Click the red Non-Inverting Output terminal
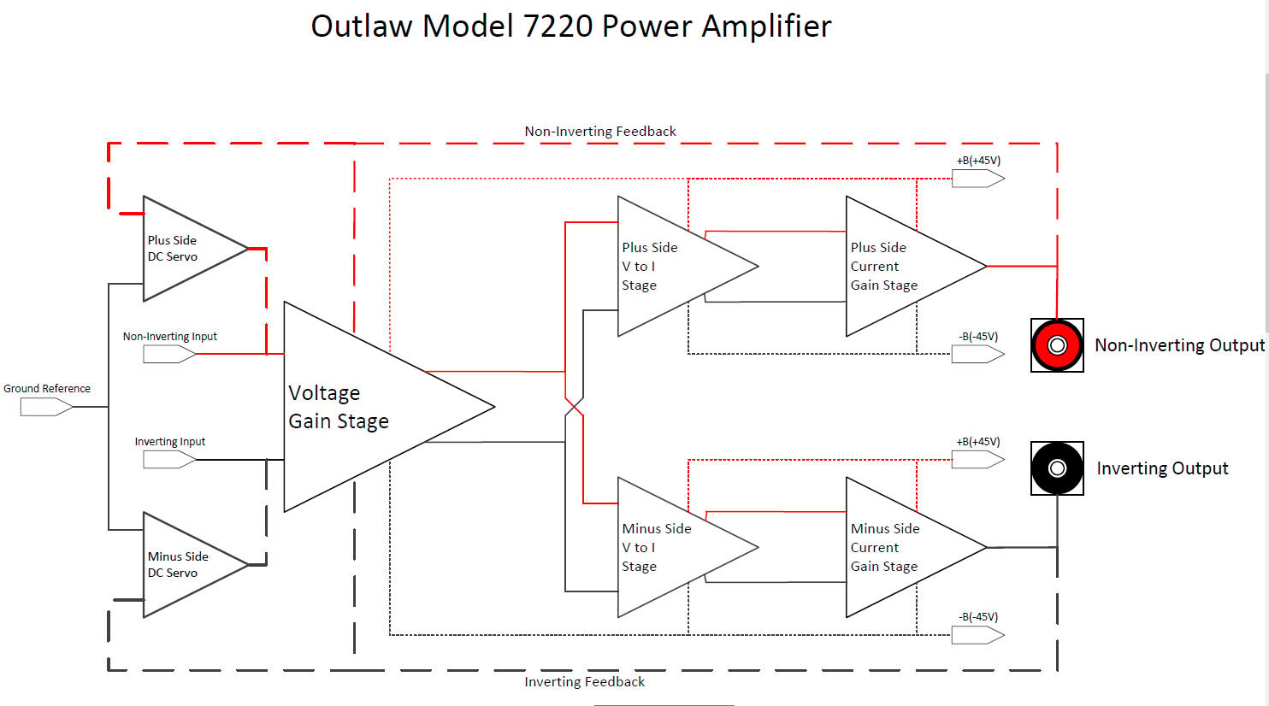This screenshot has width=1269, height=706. pyautogui.click(x=1057, y=345)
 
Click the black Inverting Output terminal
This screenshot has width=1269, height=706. pyautogui.click(x=1057, y=468)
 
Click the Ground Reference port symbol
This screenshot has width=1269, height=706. pyautogui.click(x=46, y=407)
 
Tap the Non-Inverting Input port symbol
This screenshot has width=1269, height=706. pyautogui.click(x=169, y=354)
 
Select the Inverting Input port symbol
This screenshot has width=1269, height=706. pyautogui.click(x=169, y=459)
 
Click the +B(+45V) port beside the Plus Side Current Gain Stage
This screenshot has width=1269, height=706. pyautogui.click(x=977, y=179)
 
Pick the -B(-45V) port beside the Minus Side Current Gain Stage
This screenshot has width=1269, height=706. pyautogui.click(x=977, y=635)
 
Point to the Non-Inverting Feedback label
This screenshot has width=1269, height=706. pyautogui.click(x=600, y=132)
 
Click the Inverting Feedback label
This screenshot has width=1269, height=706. pyautogui.click(x=584, y=682)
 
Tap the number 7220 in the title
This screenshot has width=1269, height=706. pyautogui.click(x=558, y=26)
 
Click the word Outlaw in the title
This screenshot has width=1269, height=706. pyautogui.click(x=362, y=26)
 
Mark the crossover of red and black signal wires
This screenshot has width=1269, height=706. pyautogui.click(x=574, y=407)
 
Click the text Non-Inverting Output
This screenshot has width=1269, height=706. pyautogui.click(x=1179, y=345)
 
